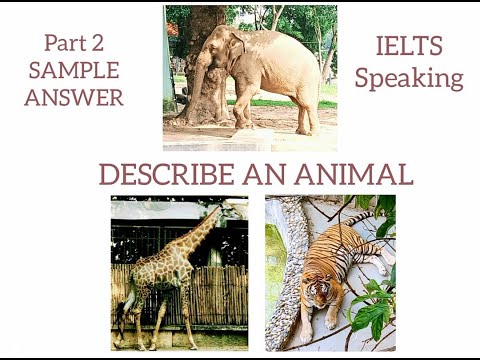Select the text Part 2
click(74, 43)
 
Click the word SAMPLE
click(74, 70)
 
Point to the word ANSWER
click(74, 97)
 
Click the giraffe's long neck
click(200, 236)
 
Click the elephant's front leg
click(243, 105)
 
